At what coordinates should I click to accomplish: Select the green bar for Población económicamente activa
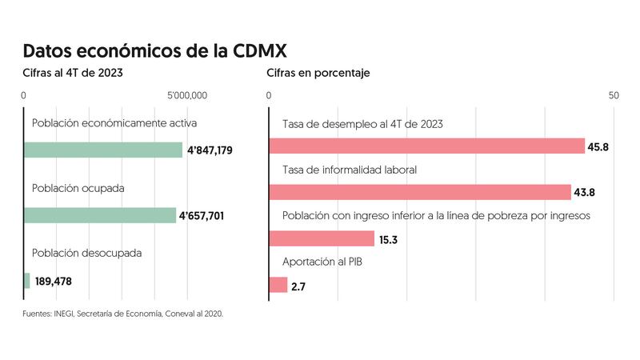(103, 150)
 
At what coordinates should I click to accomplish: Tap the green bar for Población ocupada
(100, 215)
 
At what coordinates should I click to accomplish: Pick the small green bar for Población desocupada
(27, 281)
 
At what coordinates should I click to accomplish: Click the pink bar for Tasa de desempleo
(427, 146)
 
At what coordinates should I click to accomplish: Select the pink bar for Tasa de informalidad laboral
(420, 192)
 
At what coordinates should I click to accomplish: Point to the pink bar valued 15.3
(322, 238)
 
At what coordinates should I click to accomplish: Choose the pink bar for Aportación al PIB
(278, 285)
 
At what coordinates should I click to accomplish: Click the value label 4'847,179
(210, 150)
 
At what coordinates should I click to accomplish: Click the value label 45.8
(598, 147)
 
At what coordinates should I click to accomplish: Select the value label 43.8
(585, 193)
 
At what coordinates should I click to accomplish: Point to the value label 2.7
(298, 286)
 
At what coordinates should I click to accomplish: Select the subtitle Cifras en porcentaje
(318, 74)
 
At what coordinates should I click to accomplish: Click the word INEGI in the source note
(64, 314)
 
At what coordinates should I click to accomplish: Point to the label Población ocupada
(78, 188)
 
